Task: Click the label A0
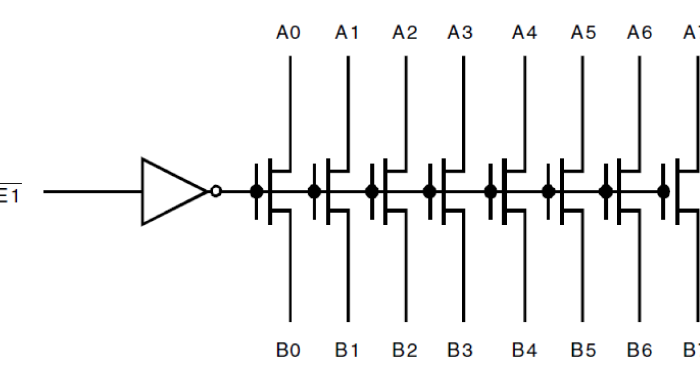click(x=288, y=33)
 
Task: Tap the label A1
click(x=346, y=33)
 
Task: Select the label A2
click(x=405, y=33)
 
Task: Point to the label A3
click(x=460, y=33)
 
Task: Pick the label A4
click(x=524, y=33)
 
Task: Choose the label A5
click(x=583, y=33)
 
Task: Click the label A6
click(x=639, y=33)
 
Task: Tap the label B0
click(x=288, y=350)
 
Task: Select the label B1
click(x=346, y=350)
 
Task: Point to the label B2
click(x=405, y=350)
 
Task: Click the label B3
click(x=460, y=350)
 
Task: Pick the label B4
click(x=524, y=350)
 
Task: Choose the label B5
click(x=583, y=350)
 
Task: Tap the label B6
click(x=639, y=350)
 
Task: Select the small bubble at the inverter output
click(x=216, y=191)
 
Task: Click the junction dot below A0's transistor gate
click(x=256, y=191)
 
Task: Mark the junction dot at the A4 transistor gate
click(x=491, y=191)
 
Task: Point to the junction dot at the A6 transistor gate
click(x=606, y=191)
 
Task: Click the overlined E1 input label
click(x=9, y=195)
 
